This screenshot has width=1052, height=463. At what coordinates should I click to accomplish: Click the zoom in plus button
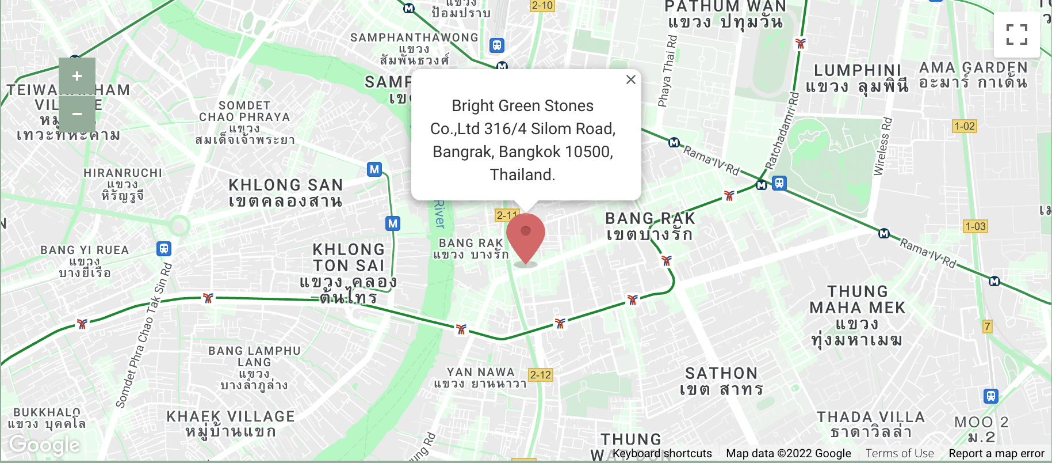coord(77,76)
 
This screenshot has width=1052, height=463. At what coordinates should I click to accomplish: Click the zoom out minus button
coord(77,113)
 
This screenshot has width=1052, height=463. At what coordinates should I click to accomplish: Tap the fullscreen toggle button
coord(1016,35)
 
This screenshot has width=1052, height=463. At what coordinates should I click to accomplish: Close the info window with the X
coord(631,79)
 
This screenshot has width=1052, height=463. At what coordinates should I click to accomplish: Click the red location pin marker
coord(525,237)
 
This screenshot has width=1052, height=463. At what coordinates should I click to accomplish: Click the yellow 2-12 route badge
coord(541,375)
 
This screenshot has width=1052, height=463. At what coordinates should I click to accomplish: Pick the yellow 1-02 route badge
coord(965,126)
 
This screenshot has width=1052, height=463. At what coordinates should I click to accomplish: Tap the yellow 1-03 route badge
coord(976,226)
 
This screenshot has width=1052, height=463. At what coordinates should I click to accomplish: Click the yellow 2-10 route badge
coord(542,6)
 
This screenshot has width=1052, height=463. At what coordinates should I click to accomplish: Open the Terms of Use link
coord(900,453)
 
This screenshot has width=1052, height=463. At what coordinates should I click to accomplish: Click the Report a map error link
coord(996,453)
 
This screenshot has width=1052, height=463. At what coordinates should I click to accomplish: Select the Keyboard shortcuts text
coord(661,453)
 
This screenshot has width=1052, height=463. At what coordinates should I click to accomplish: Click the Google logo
coord(44,445)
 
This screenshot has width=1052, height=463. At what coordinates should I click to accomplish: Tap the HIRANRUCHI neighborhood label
coord(123,173)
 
